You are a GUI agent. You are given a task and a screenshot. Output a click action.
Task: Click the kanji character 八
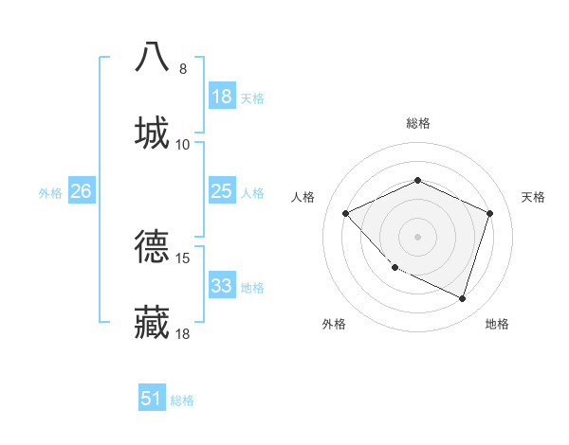[152, 56]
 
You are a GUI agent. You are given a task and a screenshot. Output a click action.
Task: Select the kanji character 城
[152, 133]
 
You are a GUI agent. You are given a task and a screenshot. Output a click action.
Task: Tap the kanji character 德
[152, 246]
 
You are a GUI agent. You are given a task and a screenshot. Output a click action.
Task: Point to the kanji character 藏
[152, 322]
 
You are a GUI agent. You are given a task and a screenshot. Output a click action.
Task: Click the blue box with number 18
[222, 97]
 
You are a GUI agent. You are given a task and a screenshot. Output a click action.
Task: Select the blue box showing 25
[222, 191]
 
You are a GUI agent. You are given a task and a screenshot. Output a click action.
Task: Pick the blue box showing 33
[222, 286]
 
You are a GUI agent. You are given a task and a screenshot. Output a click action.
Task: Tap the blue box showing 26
[81, 191]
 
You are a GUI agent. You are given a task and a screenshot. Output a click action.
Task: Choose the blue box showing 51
[152, 399]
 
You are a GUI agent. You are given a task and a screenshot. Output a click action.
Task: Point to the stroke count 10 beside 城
[183, 145]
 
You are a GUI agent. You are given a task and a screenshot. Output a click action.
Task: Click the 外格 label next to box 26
[50, 192]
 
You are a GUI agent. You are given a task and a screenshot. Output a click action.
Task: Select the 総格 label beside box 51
[182, 400]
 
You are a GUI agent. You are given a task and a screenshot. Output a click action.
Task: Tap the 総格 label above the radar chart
[417, 123]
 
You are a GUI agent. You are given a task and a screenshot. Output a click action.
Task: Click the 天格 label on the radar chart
[534, 197]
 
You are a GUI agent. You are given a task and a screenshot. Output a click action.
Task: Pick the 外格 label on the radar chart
[334, 324]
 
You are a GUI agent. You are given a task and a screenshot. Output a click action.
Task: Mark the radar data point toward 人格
[346, 213]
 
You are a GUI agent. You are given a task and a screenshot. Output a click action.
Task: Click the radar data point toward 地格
[462, 298]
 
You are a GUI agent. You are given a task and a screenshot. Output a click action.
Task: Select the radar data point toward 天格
[490, 213]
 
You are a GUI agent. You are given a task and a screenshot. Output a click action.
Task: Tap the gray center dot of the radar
[417, 236]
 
